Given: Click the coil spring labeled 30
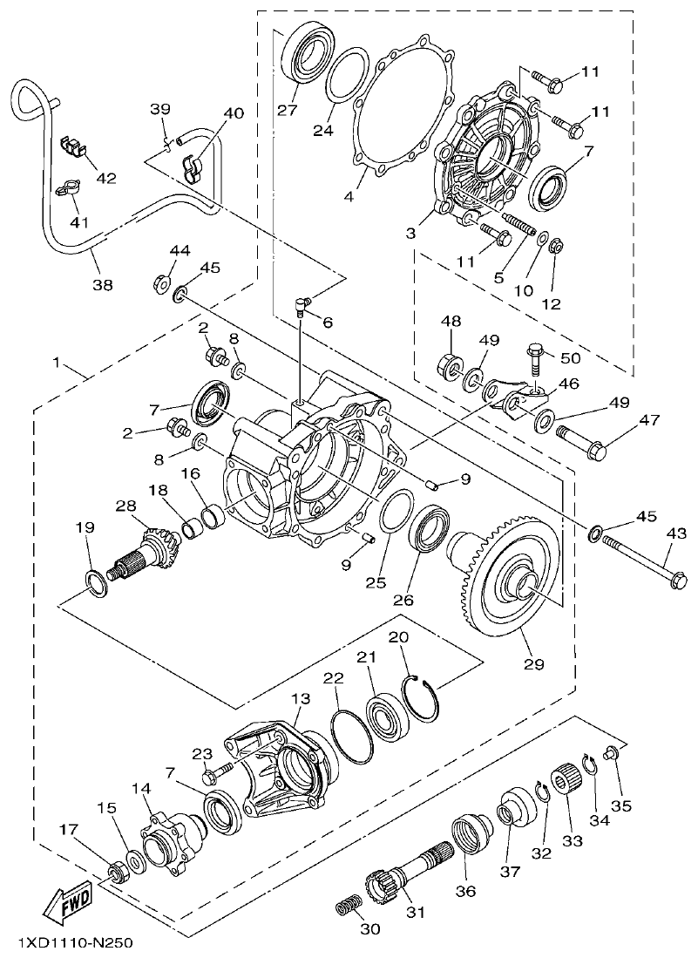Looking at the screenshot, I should point(349,909).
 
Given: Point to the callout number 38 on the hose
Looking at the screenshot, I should point(102,283).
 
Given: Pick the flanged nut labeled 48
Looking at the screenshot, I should point(451,363).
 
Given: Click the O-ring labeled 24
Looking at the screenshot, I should point(347,76).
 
